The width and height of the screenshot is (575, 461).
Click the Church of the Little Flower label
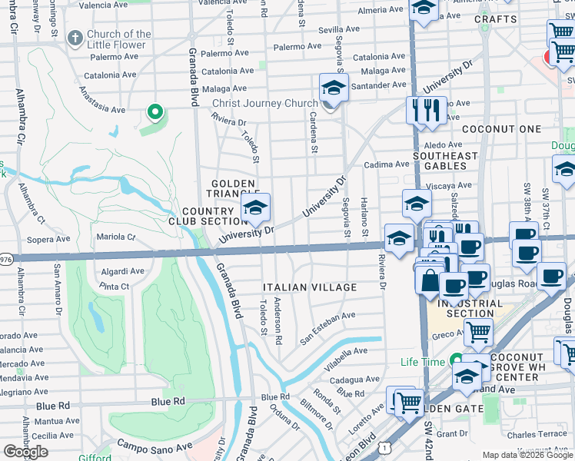point(118,39)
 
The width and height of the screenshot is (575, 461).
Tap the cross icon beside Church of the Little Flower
point(75,38)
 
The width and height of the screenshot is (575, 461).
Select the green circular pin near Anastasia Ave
point(155,114)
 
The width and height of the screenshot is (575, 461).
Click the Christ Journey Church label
point(264,104)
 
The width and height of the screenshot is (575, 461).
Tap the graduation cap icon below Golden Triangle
point(255,207)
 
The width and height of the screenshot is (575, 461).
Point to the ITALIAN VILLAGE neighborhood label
point(310,287)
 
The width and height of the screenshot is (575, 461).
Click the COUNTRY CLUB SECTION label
point(207,216)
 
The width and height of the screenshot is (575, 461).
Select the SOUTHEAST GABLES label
point(445,161)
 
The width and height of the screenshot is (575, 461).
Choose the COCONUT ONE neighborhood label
point(502,129)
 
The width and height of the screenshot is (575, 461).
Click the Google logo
point(25,452)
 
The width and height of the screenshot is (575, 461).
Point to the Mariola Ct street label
point(115,237)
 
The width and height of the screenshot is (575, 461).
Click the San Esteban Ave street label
point(327,327)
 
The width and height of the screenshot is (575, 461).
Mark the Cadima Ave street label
point(387,164)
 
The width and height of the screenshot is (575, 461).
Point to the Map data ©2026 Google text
point(527,455)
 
